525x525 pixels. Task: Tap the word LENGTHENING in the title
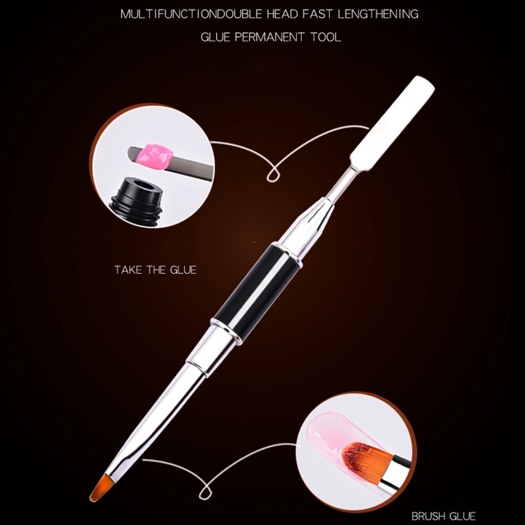378,14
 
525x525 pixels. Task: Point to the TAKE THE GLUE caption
155,270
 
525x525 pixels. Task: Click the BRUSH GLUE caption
443,516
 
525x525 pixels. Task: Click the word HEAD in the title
282,14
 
